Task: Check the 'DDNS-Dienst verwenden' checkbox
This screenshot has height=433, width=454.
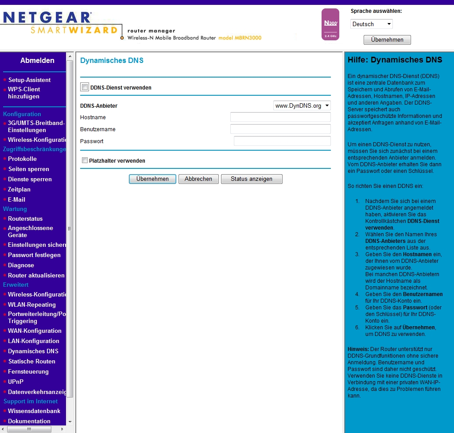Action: point(85,87)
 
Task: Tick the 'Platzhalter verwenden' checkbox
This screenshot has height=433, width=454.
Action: point(85,160)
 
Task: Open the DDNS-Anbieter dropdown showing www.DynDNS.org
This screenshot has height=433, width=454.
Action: point(302,106)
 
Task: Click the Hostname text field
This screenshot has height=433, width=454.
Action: point(280,117)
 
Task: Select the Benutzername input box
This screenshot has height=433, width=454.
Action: point(280,129)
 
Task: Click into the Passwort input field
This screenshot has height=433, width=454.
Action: point(282,141)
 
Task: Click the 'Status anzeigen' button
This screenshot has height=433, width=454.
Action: point(251,179)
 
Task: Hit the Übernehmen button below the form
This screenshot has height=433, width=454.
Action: point(152,179)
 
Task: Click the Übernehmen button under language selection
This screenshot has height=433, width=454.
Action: point(387,40)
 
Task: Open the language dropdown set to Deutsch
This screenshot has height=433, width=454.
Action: point(371,24)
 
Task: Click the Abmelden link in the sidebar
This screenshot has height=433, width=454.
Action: point(37,61)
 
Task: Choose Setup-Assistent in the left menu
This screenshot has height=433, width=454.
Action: point(29,80)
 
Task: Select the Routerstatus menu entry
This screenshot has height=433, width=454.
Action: point(25,218)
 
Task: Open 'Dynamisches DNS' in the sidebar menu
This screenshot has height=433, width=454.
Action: point(33,351)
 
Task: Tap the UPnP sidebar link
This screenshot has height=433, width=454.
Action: point(16,382)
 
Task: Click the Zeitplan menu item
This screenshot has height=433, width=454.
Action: point(19,189)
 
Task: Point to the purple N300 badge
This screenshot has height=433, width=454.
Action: point(330,24)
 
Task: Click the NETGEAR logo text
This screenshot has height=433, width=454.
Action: point(47,18)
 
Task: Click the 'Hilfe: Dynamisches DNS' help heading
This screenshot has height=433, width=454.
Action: point(395,60)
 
